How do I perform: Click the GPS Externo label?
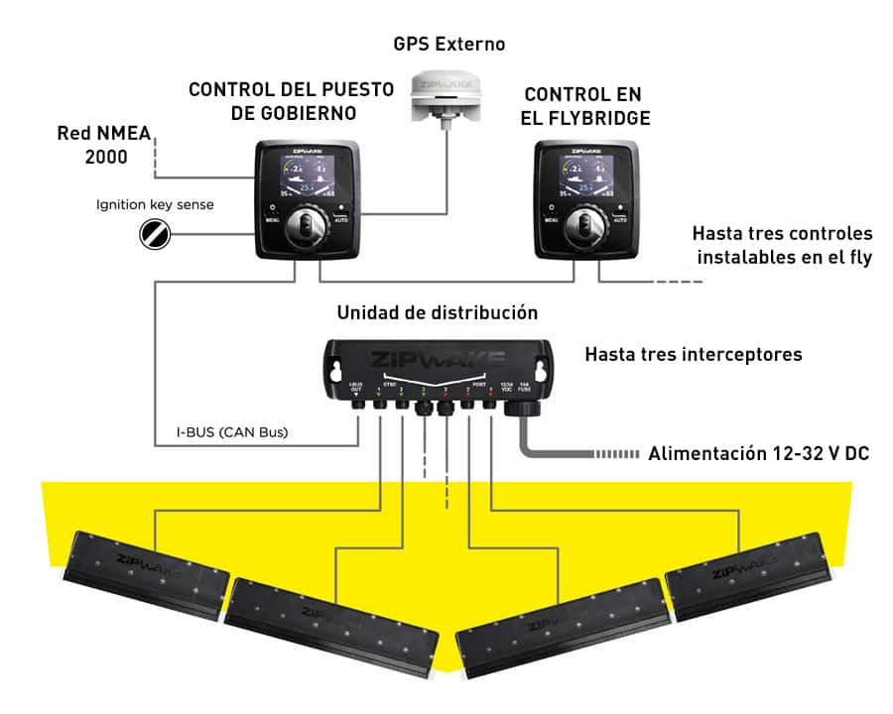pyautogui.click(x=449, y=45)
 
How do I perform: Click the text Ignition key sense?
pyautogui.click(x=154, y=205)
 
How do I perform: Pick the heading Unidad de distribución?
pyautogui.click(x=438, y=313)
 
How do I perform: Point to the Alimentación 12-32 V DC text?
pyautogui.click(x=759, y=455)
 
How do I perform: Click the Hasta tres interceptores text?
pyautogui.click(x=694, y=354)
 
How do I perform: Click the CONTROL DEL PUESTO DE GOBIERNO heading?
pyautogui.click(x=288, y=101)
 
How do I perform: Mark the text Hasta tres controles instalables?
pyautogui.click(x=784, y=247)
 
